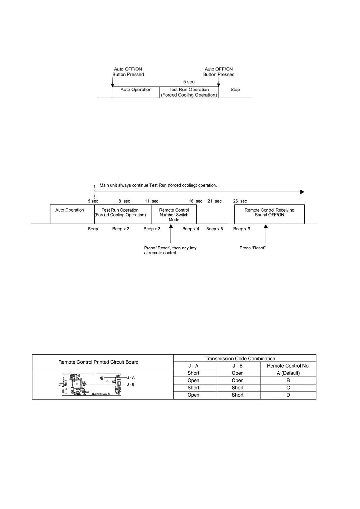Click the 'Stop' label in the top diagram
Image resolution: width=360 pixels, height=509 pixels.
[x=235, y=89]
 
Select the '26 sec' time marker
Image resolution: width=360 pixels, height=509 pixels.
[x=240, y=201]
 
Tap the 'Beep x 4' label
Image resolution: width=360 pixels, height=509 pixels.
[x=191, y=229]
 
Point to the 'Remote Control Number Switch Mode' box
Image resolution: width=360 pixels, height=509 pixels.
[x=174, y=214]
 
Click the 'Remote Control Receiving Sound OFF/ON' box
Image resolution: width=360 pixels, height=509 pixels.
[x=269, y=214]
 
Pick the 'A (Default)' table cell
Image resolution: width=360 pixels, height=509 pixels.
[x=288, y=373]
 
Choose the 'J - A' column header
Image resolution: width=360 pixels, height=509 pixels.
[x=193, y=366]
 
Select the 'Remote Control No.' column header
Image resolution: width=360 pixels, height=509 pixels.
[x=288, y=366]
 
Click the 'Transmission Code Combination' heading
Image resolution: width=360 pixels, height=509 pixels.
[x=240, y=358]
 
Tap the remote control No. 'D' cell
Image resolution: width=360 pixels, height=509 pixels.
[x=288, y=395]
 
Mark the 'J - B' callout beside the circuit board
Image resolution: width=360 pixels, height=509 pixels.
[x=131, y=384]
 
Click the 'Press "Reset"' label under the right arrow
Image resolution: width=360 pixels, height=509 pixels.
[x=252, y=248]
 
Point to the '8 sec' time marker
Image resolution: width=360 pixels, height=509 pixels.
[x=124, y=201]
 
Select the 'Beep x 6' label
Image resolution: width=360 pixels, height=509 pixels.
[x=241, y=229]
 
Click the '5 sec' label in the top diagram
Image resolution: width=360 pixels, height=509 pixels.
[x=189, y=82]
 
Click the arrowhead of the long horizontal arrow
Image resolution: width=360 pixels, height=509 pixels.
[x=302, y=192]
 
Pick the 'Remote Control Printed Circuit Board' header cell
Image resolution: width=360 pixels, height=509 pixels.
[x=98, y=362]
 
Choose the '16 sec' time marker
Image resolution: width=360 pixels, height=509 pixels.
[x=195, y=201]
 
